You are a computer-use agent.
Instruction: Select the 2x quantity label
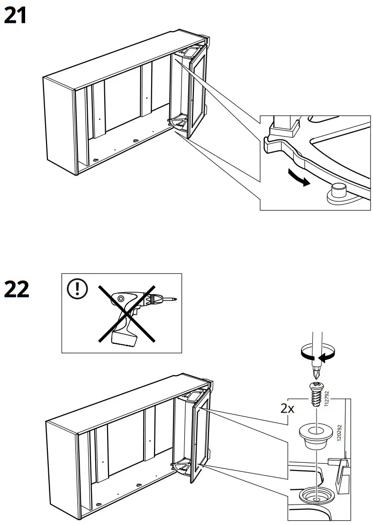287,409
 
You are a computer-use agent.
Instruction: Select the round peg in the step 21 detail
337,191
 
